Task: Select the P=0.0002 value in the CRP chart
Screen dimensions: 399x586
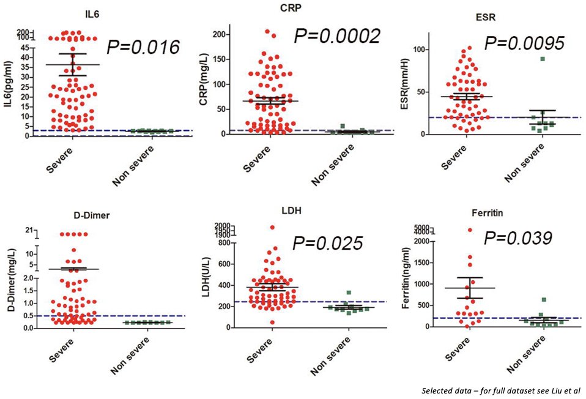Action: [338, 35]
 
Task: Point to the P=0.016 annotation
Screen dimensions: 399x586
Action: [143, 47]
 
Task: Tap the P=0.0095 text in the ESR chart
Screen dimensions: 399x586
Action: [525, 43]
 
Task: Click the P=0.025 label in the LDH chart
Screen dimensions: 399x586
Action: [327, 243]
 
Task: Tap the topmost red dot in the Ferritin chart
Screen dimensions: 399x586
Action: [470, 230]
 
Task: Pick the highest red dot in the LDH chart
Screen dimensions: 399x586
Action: [272, 227]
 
